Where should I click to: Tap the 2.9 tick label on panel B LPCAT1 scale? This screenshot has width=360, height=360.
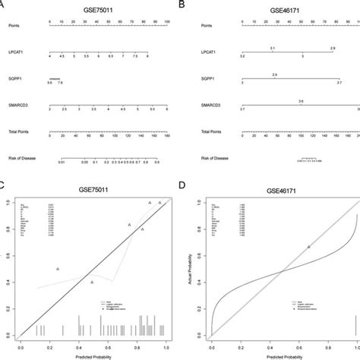tap(332, 48)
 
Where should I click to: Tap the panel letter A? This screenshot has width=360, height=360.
tap(4, 5)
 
